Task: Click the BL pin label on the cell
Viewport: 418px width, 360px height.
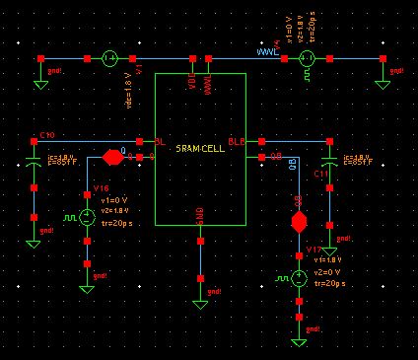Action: (161, 142)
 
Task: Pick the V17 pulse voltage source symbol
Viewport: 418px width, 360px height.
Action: (299, 279)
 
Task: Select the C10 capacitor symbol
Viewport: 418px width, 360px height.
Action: (35, 158)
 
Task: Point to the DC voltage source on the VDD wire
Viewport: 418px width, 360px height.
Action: (110, 59)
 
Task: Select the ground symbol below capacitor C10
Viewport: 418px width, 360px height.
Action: (35, 240)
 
